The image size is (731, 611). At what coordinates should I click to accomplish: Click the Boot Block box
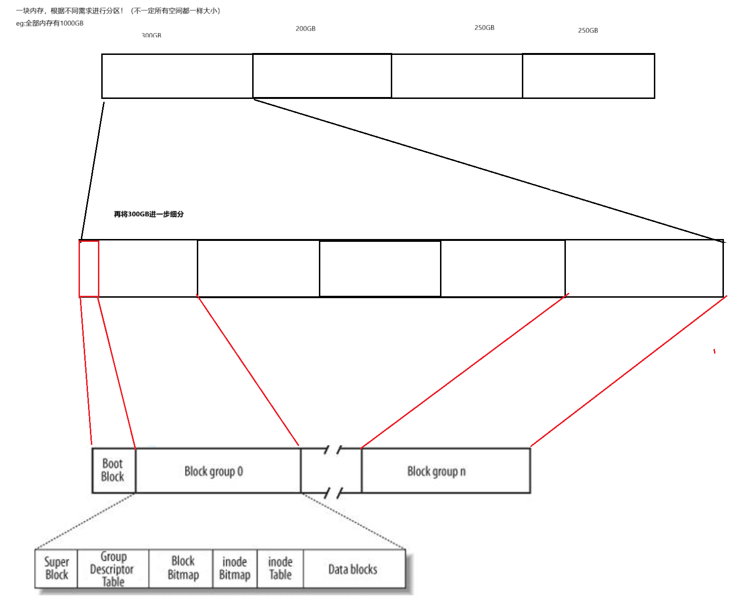(113, 470)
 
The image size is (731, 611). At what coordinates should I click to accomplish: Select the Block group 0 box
(218, 471)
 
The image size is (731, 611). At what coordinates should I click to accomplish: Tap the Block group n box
(445, 471)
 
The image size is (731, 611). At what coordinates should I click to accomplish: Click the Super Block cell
(57, 568)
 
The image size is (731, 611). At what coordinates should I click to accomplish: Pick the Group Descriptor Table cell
(113, 568)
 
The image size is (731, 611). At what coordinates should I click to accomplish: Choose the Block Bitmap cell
(183, 568)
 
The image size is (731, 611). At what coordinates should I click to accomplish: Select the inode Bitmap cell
(235, 568)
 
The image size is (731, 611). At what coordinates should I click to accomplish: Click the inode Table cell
(281, 568)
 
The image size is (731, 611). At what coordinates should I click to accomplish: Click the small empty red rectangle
(89, 269)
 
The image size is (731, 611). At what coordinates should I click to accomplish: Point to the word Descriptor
(113, 569)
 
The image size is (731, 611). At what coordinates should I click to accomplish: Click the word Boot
(113, 463)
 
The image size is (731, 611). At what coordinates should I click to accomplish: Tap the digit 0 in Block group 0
(240, 471)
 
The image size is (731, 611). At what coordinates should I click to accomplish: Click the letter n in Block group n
(464, 471)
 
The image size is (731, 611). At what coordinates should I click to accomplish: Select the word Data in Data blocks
(338, 569)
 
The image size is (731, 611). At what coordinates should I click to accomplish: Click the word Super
(57, 562)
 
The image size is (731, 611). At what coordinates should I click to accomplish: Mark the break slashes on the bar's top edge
(334, 450)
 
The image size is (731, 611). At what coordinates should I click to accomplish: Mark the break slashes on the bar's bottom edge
(335, 493)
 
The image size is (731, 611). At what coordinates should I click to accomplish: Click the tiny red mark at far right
(714, 351)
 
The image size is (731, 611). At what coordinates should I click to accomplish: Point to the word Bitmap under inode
(235, 575)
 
